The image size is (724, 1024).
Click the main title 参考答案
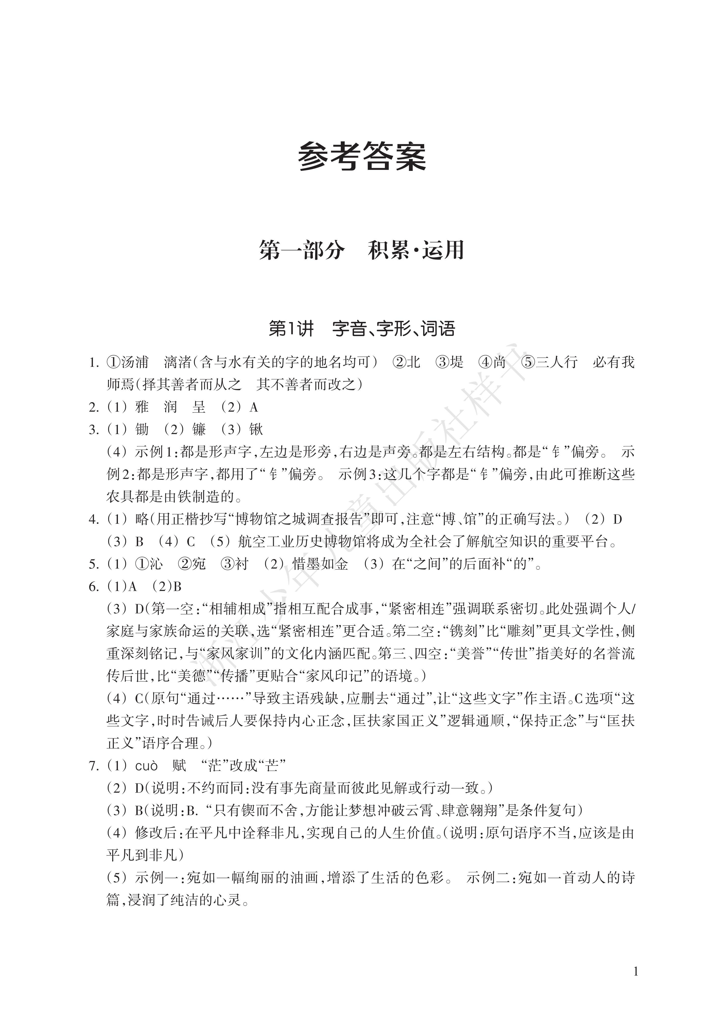[x=362, y=157]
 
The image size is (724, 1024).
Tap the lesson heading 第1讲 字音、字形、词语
[x=362, y=329]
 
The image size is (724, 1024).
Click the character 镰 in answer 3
[x=199, y=430]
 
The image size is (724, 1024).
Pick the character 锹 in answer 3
[x=256, y=430]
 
